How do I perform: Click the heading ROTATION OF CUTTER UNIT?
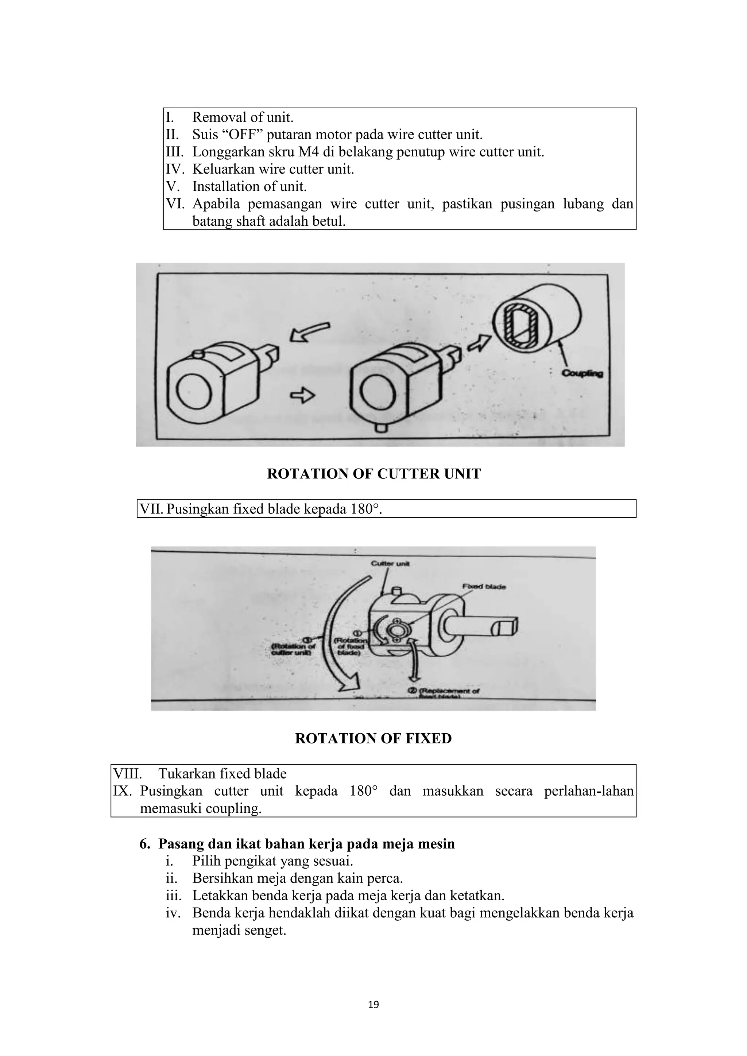[x=373, y=474]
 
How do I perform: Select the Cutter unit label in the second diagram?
[x=390, y=564]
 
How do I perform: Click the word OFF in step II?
[x=240, y=135]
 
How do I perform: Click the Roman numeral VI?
[x=175, y=204]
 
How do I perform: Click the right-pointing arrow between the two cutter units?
[x=302, y=395]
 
